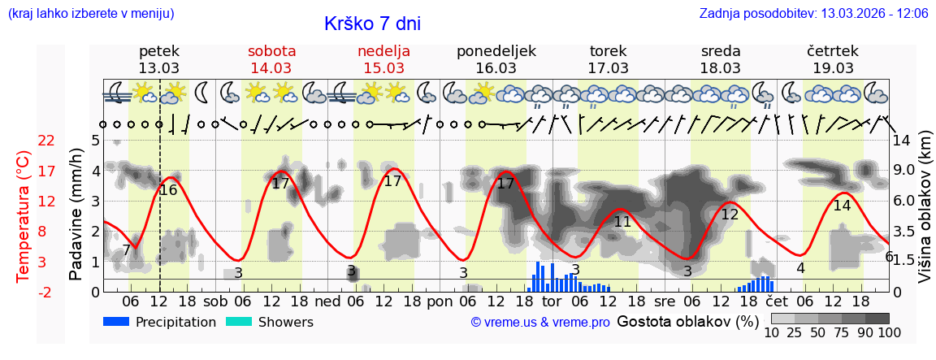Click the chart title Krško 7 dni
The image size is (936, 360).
372,24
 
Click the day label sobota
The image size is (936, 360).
271,51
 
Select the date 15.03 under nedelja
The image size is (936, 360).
383,68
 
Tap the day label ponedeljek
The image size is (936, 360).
496,51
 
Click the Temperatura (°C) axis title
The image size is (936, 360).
24,215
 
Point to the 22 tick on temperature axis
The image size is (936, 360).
46,141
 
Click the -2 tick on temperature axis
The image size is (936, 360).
46,292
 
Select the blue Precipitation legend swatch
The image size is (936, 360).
117,322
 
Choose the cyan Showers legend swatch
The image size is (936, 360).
239,322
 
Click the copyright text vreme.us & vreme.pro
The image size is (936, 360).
540,323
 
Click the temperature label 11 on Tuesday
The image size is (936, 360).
622,222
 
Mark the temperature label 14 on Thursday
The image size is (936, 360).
842,206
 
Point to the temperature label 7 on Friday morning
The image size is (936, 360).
126,249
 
